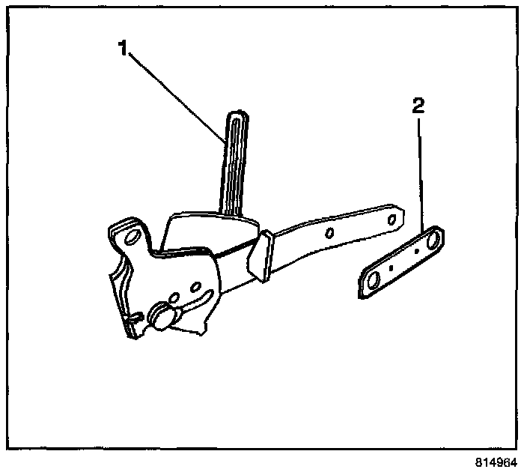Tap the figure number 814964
(493, 462)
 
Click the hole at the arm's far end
(389, 217)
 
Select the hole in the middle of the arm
(329, 232)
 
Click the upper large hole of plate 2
(432, 240)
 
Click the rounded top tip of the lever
(236, 115)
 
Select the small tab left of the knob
(133, 319)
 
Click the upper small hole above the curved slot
(193, 285)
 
